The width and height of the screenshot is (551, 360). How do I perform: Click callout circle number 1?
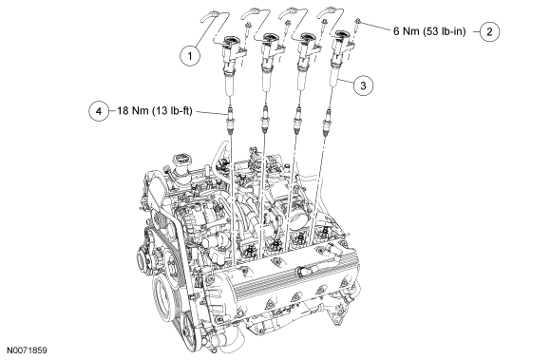tap(190, 56)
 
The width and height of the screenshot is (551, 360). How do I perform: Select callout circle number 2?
tap(489, 31)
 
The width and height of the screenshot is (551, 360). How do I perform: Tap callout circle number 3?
tap(363, 85)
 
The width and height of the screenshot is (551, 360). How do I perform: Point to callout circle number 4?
tap(99, 111)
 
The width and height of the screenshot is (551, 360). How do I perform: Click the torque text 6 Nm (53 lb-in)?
tap(429, 31)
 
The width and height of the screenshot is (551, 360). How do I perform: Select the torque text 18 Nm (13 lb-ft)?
tap(155, 111)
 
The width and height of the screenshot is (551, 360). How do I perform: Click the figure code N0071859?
tap(28, 351)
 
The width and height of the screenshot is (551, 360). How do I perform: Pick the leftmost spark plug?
tap(230, 119)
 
